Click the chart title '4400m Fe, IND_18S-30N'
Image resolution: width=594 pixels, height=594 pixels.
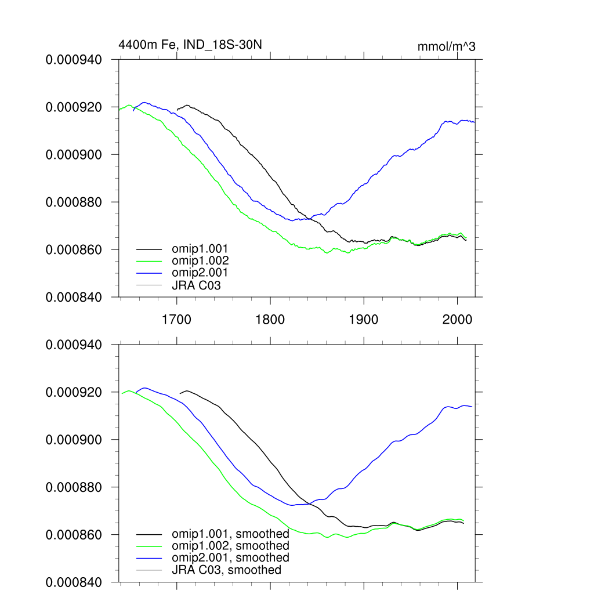click(186, 44)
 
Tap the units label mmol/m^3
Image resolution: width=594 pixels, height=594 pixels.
click(446, 47)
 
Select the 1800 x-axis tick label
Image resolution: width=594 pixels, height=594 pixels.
click(270, 320)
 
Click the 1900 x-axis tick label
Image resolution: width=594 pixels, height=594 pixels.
click(364, 320)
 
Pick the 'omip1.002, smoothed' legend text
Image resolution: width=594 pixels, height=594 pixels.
click(230, 546)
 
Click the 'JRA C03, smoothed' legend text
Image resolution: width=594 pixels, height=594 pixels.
click(226, 570)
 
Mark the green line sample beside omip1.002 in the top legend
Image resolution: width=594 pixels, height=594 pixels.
click(148, 261)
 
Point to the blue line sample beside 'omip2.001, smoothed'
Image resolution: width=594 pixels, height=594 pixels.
click(148, 558)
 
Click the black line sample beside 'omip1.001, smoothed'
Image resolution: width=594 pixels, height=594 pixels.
click(148, 534)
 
